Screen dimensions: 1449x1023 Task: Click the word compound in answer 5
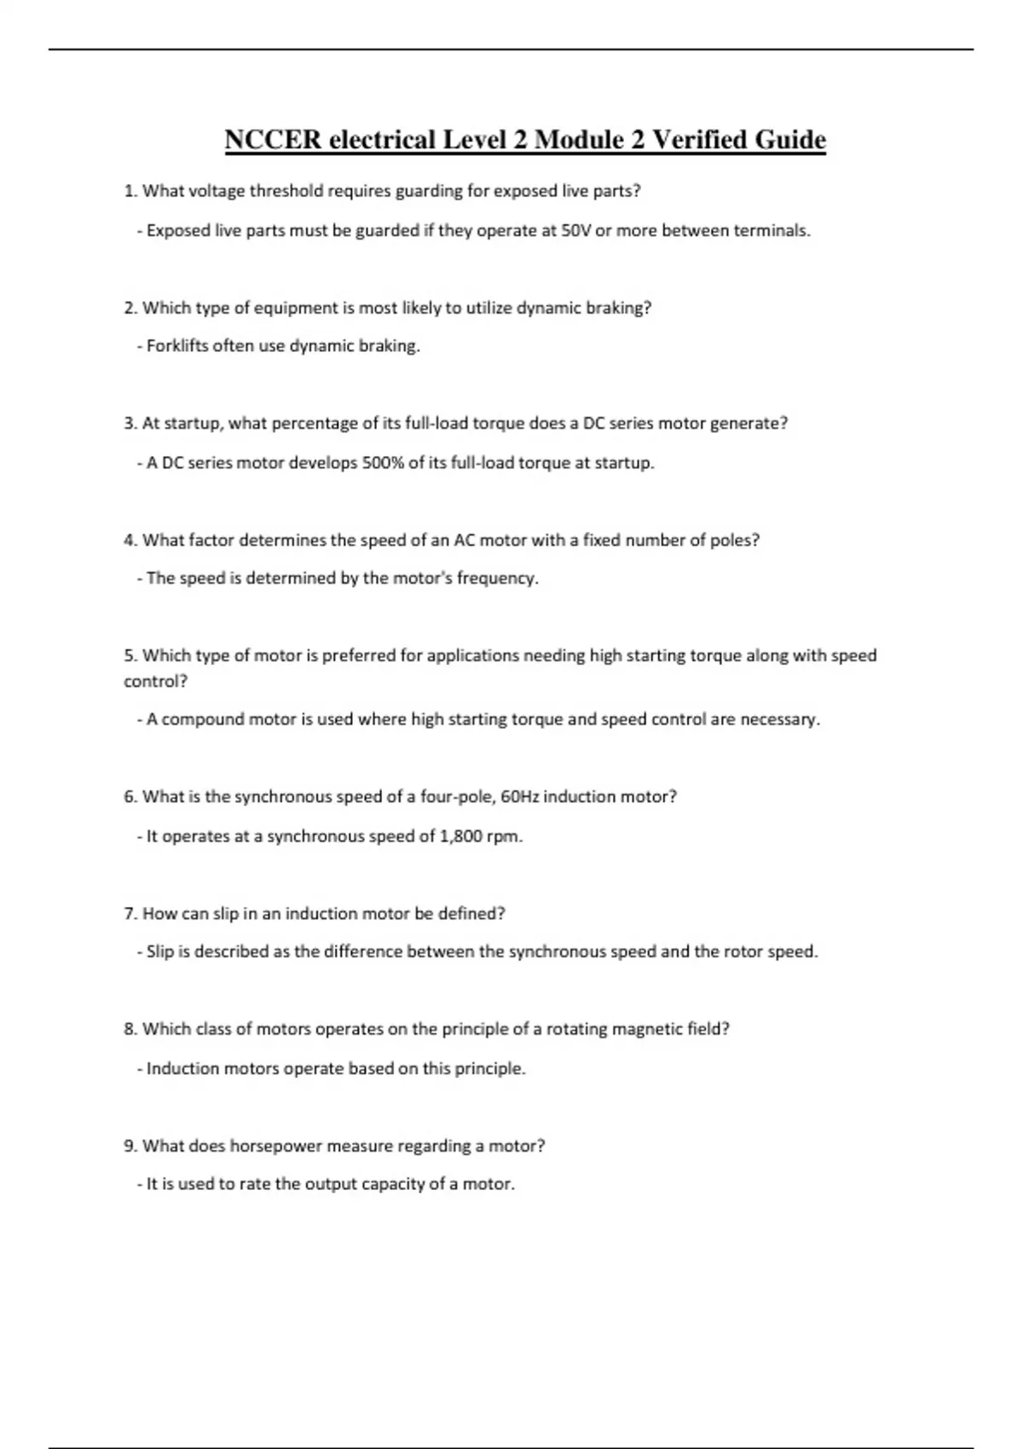[x=199, y=719]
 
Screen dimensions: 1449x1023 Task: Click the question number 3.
[x=130, y=424]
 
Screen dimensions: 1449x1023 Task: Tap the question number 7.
[x=130, y=914]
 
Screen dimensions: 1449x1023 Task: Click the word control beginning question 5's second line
[x=154, y=682]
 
